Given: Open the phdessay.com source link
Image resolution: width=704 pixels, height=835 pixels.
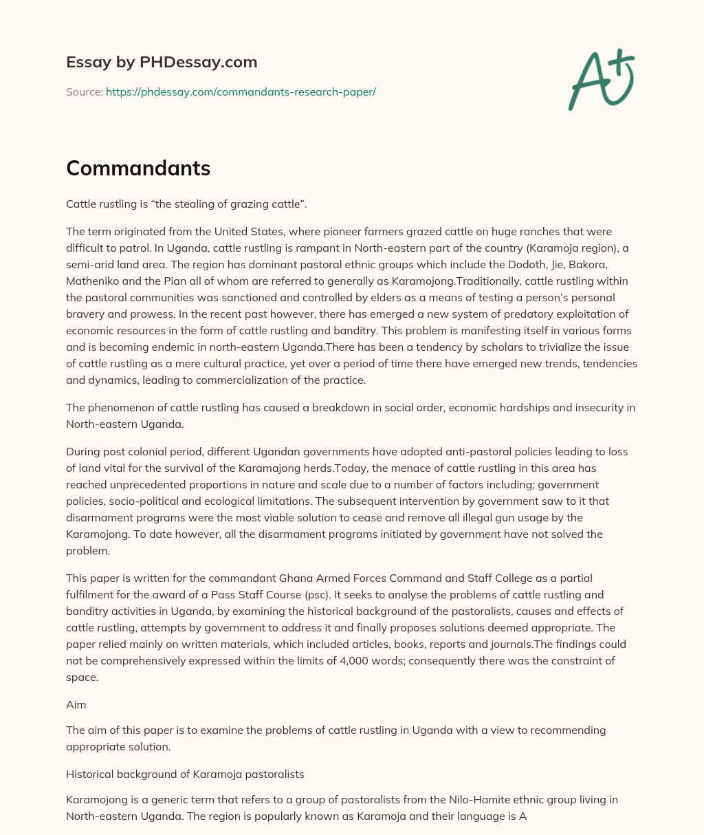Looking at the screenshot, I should pyautogui.click(x=241, y=91).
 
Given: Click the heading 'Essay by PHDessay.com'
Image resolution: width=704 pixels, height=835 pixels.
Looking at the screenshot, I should pyautogui.click(x=162, y=62).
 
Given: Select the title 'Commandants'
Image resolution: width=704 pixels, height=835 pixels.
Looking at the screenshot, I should pyautogui.click(x=138, y=169).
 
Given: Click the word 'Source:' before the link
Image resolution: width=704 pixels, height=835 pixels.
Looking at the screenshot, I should pyautogui.click(x=85, y=91).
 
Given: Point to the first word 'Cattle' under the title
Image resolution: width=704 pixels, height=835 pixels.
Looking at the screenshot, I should pyautogui.click(x=81, y=204).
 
